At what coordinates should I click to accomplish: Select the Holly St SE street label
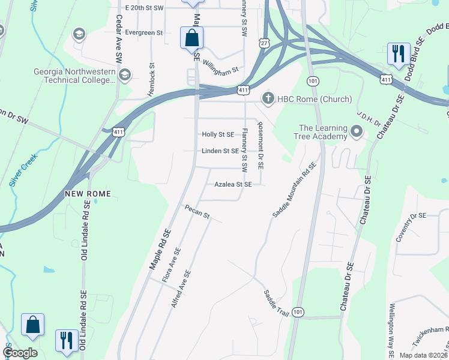tap(218, 135)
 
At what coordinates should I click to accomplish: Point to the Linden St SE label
tap(220, 151)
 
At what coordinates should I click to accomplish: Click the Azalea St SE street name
tap(233, 185)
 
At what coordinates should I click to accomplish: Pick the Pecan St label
tap(197, 212)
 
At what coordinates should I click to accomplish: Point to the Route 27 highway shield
tap(264, 43)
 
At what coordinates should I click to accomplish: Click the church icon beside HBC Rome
tap(268, 98)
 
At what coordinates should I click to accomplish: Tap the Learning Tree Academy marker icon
tap(357, 130)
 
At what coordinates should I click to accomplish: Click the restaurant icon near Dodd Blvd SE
tap(399, 54)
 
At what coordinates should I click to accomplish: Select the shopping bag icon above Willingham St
tap(191, 38)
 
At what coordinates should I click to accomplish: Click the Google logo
tap(20, 352)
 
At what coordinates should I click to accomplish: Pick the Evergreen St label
tap(145, 32)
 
